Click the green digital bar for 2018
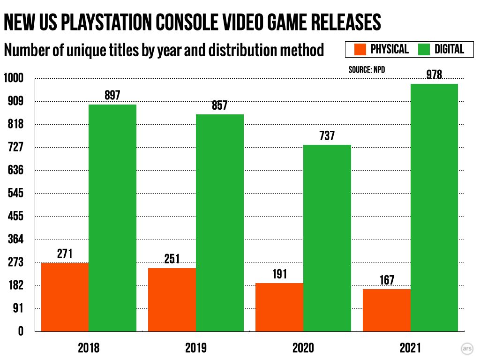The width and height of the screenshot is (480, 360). pos(112,218)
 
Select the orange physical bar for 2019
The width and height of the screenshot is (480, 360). pos(172,300)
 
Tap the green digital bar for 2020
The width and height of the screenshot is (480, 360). pos(327,238)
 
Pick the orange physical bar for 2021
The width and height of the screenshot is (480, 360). pos(387,310)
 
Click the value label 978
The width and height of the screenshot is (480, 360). pos(434,75)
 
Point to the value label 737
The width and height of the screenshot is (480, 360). pos(327,136)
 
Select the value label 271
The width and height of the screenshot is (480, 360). pos(65,254)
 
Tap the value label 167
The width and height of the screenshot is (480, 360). pos(387,280)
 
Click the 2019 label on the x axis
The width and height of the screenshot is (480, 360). pos(196,348)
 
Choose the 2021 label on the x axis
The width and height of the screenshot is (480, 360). pos(411,348)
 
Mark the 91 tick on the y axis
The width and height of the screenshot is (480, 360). pos(17,308)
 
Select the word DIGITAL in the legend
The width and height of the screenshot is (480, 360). pos(449,49)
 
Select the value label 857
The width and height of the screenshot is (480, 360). pos(219,105)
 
